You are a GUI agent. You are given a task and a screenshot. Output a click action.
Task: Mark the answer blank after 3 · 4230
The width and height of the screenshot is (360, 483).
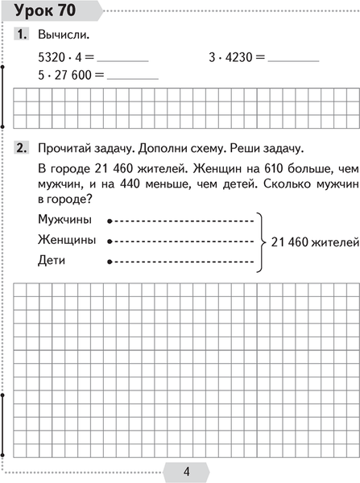click(295, 60)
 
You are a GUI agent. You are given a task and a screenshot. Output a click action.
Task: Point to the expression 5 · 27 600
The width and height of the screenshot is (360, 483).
click(66, 74)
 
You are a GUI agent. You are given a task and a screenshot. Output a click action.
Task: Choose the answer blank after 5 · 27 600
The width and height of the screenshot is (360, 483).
click(133, 77)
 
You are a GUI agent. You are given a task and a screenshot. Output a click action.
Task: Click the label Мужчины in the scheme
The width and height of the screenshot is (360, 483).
click(64, 219)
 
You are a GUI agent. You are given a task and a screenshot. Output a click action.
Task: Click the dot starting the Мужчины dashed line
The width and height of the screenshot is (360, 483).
click(110, 220)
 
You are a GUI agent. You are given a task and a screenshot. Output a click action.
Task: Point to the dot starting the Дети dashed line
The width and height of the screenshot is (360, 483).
click(110, 261)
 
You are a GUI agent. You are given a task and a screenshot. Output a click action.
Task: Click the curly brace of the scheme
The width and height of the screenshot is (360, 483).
click(261, 240)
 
